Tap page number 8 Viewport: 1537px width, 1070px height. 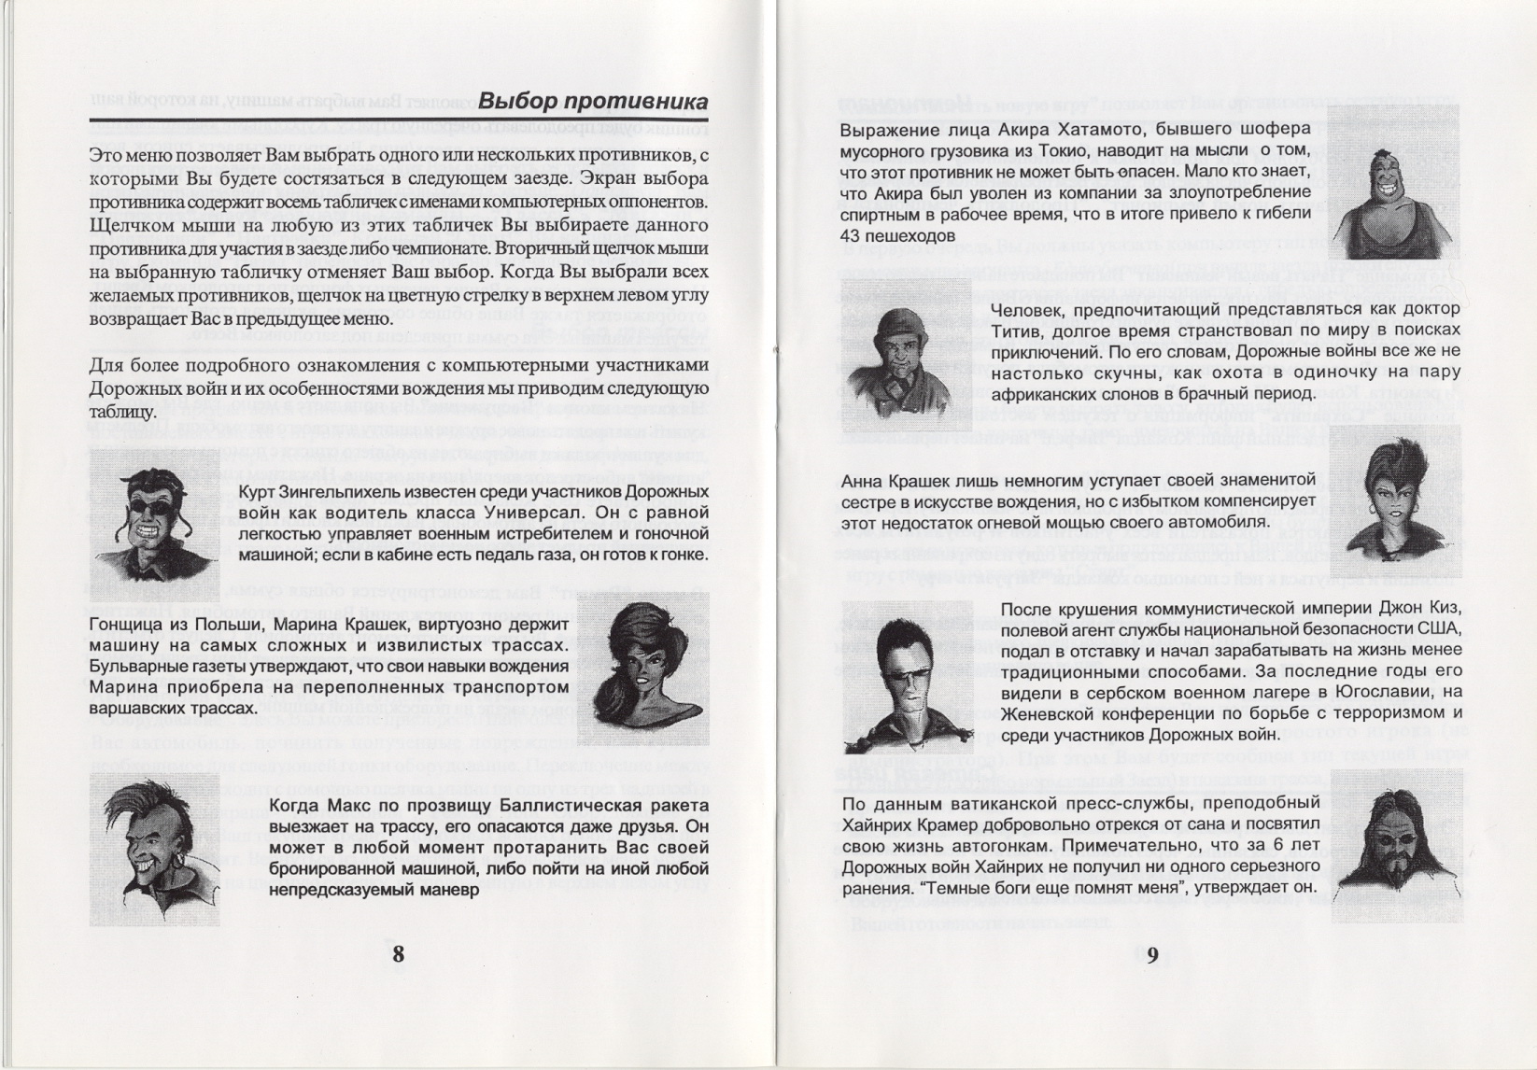(x=399, y=953)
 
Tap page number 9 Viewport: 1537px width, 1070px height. (x=1152, y=954)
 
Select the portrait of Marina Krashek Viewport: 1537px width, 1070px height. (x=642, y=667)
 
